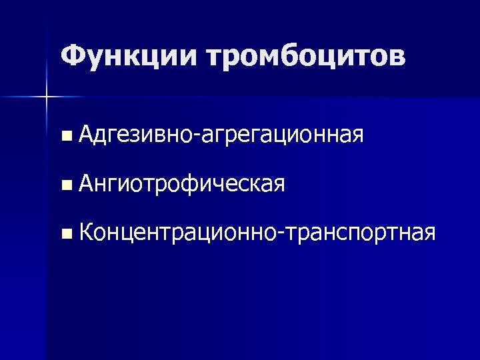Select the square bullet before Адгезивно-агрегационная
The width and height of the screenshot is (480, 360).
coord(65,137)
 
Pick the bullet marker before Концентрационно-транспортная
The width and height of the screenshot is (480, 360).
coord(65,233)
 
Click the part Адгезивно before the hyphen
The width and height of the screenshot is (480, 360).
coord(133,135)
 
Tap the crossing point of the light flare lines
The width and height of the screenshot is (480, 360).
coord(47,98)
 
